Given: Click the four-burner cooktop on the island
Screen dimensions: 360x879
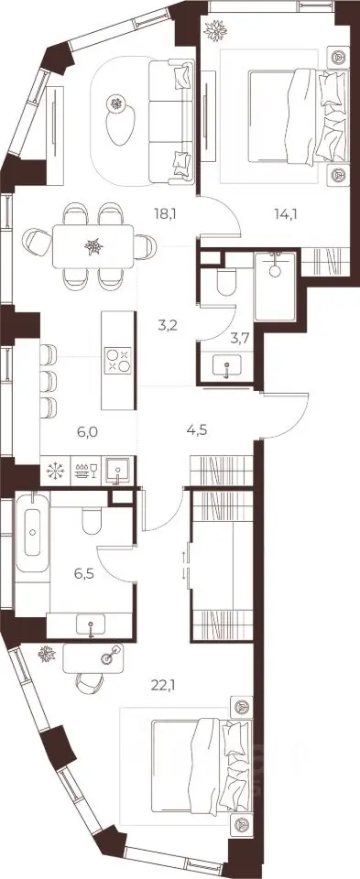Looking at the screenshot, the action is [x=118, y=361].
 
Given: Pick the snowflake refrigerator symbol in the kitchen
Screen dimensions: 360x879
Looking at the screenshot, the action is [x=55, y=470].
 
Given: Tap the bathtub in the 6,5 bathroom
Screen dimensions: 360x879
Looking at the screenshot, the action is [x=33, y=531].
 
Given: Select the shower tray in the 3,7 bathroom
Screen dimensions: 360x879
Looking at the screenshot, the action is [x=274, y=286].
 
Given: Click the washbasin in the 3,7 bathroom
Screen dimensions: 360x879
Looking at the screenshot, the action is [x=226, y=364].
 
